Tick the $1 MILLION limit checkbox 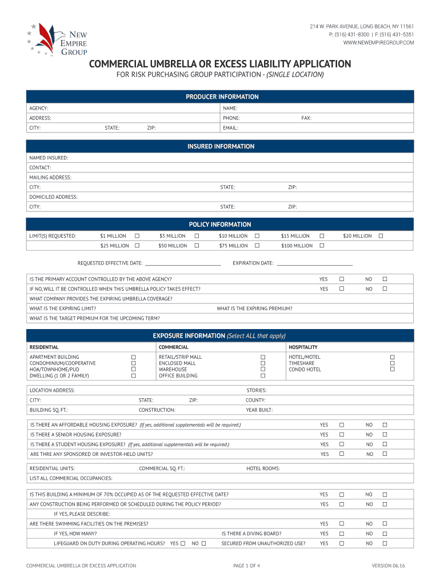coord(137,236)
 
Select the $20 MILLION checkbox coord(381,236)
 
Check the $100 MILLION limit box coord(322,246)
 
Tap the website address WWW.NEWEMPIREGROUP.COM coord(378,43)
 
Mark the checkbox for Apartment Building coord(134,357)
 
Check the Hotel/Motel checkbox coord(393,357)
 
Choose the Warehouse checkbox coord(263,370)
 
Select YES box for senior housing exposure coord(341,435)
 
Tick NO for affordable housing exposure coord(385,425)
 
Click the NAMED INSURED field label coord(49,158)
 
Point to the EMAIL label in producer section coord(230,128)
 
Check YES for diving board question coord(341,534)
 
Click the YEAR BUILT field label coord(259,410)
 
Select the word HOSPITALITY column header coord(303,347)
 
